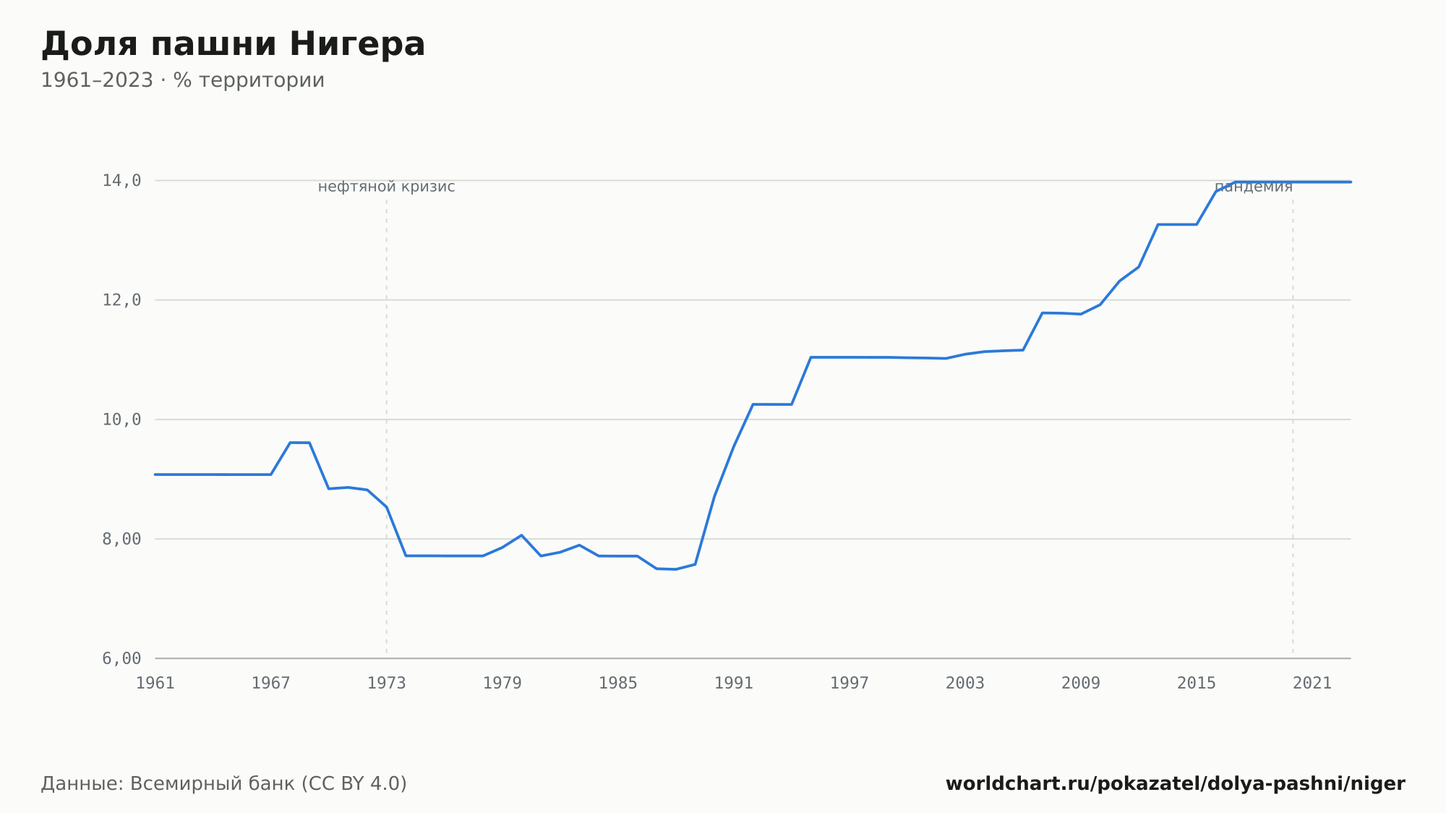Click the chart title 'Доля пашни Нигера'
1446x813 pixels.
coord(233,45)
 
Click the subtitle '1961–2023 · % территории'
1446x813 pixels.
coord(182,80)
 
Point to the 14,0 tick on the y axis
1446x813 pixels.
coord(121,181)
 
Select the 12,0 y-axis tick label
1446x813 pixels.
coord(121,300)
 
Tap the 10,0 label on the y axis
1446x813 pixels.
coord(121,420)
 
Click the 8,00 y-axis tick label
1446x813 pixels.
coord(121,539)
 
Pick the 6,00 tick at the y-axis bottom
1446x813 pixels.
coord(121,658)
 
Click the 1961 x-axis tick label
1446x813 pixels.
coord(155,684)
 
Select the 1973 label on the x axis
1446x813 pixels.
coord(387,684)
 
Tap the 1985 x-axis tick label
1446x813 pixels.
coord(618,684)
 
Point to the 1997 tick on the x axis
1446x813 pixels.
coord(850,684)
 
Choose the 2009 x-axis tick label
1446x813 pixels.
coord(1081,684)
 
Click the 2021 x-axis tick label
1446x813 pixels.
coord(1312,684)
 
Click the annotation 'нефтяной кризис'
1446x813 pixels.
coord(387,187)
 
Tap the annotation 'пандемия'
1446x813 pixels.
coord(1254,187)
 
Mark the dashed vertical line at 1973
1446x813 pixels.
coord(387,427)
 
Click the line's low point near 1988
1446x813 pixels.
coord(675,569)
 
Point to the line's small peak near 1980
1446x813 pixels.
coord(521,535)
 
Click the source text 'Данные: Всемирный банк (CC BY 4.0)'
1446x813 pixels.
coord(224,784)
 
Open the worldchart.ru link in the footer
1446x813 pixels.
coord(1176,784)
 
